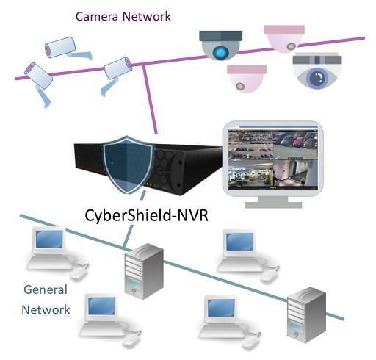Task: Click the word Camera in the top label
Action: pyautogui.click(x=97, y=17)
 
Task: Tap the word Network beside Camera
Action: pyautogui.click(x=146, y=17)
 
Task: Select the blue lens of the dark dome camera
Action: pyautogui.click(x=221, y=52)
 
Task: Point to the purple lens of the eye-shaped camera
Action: pyautogui.click(x=317, y=77)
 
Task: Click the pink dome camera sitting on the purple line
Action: pyautogui.click(x=285, y=39)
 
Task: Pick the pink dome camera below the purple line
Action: pyautogui.click(x=247, y=79)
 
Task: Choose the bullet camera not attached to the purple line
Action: pyautogui.click(x=68, y=48)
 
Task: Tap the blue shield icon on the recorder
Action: pyautogui.click(x=127, y=165)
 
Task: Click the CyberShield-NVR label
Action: pyautogui.click(x=146, y=215)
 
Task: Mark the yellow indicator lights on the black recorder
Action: pyautogui.click(x=149, y=184)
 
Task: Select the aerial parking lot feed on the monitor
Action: pyautogui.click(x=250, y=144)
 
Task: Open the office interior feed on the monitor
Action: pyautogui.click(x=250, y=173)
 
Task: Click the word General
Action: pyautogui.click(x=46, y=289)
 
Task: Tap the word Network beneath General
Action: pyautogui.click(x=46, y=309)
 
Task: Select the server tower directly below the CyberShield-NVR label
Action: pyautogui.click(x=144, y=271)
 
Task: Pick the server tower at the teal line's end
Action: pyautogui.click(x=306, y=315)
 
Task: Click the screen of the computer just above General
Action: pyautogui.click(x=49, y=239)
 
